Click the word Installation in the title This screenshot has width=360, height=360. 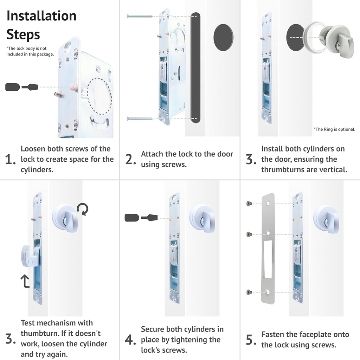pos(41,16)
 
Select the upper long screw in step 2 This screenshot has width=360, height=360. pos(139,16)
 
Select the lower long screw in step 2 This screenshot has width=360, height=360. pos(140,119)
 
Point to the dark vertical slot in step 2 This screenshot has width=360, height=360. pos(195,67)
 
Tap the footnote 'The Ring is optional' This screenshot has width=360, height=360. pos(334,129)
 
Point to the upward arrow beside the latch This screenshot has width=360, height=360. pos(25,281)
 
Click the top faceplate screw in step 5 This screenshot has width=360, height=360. pos(249,203)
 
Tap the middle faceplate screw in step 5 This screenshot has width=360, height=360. pos(249,234)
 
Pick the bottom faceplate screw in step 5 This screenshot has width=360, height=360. pos(249,292)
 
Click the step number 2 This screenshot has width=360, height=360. pos(130,160)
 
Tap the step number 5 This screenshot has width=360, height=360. pos(250,340)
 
